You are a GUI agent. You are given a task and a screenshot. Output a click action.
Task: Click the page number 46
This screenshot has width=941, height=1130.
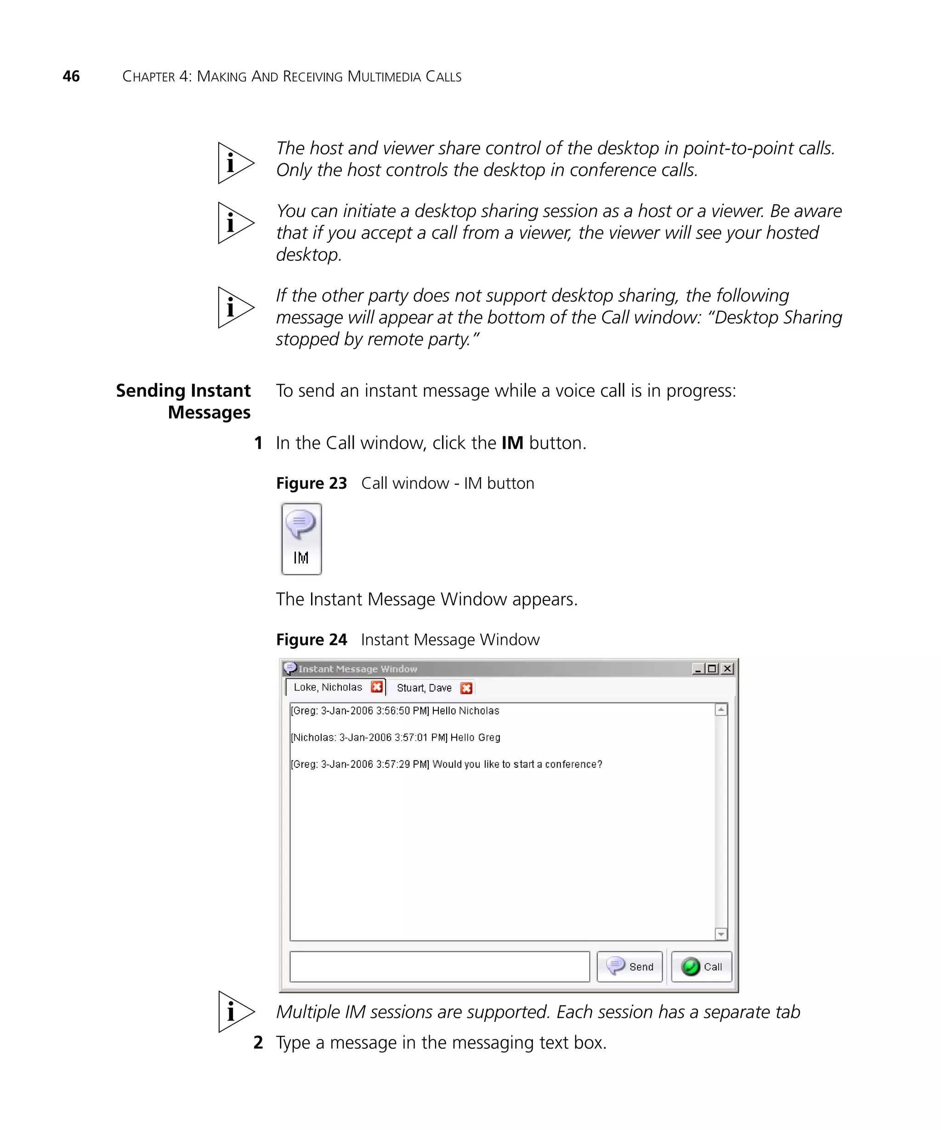(71, 76)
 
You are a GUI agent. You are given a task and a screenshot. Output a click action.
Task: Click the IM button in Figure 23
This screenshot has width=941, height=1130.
(301, 539)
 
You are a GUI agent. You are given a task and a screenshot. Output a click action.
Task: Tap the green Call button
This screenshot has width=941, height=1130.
(701, 967)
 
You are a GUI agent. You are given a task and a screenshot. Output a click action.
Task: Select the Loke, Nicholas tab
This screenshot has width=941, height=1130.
(328, 687)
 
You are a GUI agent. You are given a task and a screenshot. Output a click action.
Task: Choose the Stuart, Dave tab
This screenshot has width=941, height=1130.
(424, 688)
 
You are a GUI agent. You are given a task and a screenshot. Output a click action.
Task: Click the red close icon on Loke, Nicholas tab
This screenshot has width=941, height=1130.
(377, 687)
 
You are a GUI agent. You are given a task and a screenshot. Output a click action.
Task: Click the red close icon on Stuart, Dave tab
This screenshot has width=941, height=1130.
(466, 688)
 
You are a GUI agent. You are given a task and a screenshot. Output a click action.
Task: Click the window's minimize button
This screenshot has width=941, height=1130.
(698, 669)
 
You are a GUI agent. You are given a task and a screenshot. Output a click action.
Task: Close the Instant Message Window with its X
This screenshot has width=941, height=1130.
(727, 669)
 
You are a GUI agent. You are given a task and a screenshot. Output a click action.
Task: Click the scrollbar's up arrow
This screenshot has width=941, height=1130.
(721, 710)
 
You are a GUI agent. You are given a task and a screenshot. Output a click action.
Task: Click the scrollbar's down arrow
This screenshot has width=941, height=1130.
(721, 935)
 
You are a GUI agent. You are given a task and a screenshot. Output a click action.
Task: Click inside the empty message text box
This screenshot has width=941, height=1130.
(439, 967)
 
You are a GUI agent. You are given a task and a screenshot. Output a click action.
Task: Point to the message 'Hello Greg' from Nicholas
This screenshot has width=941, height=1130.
(396, 737)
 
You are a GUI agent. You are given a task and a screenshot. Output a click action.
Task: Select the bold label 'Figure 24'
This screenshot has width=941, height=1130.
(312, 639)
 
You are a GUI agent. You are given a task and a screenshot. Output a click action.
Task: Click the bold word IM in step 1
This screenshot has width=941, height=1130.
(512, 443)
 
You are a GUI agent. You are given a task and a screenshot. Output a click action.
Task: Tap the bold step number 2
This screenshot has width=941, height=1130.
(258, 1042)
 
